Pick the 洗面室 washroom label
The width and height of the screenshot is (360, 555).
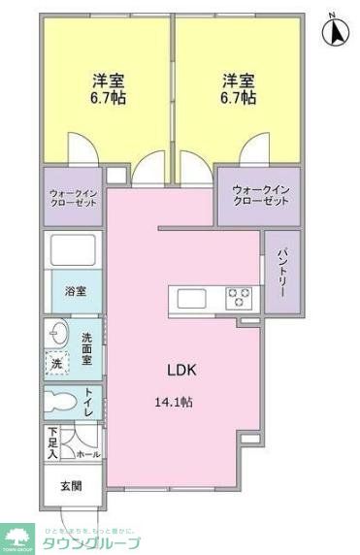[x=86, y=348]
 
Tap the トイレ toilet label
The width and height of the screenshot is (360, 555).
[x=89, y=402]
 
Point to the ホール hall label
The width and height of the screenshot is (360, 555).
[x=88, y=453]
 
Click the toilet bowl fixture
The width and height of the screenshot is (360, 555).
[x=61, y=403]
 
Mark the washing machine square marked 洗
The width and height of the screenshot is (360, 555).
[x=56, y=362]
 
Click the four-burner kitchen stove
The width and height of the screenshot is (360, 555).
[x=239, y=297]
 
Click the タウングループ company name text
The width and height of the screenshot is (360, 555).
[x=92, y=543]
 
